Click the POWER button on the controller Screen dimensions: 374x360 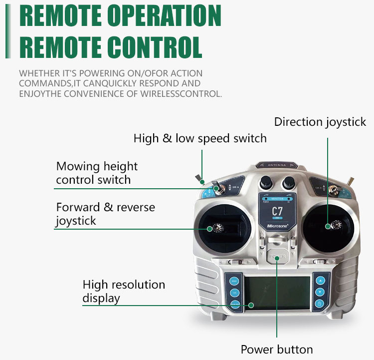tap(277, 256)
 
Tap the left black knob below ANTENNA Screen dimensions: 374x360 tap(266, 182)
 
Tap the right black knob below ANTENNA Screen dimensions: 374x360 tap(289, 183)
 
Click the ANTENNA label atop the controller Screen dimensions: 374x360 tap(277, 165)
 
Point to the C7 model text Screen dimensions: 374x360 tap(277, 211)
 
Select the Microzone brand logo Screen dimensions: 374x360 tap(277, 226)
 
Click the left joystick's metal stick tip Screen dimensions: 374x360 tap(218, 228)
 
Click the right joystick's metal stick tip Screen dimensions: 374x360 tap(336, 225)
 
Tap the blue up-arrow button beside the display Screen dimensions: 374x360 tap(320, 281)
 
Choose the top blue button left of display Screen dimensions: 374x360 tap(234, 281)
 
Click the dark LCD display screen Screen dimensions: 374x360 tap(277, 293)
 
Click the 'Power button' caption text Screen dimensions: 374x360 tap(277, 350)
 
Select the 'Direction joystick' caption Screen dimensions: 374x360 tap(320, 122)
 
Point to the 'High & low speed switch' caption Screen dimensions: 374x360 tap(200, 138)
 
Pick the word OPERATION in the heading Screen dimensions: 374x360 tap(165, 15)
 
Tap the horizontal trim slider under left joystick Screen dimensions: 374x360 tap(235, 262)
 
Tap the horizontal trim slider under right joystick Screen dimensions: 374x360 tap(320, 262)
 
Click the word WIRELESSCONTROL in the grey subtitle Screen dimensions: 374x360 tap(181, 94)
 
